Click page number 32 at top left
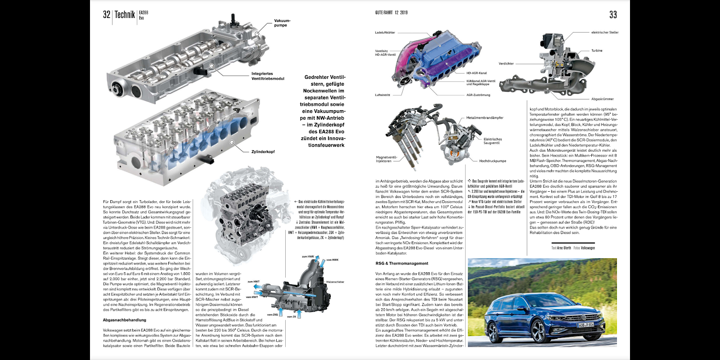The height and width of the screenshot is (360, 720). [107, 15]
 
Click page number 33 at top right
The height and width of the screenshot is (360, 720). [613, 15]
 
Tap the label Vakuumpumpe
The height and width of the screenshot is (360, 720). [282, 23]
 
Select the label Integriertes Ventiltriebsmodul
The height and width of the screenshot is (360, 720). [268, 76]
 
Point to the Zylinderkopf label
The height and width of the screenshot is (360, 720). [263, 152]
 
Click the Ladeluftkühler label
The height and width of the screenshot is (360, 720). [385, 32]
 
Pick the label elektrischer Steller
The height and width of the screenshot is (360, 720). [605, 32]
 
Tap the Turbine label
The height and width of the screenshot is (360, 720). [597, 51]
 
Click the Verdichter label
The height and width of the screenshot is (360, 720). [506, 63]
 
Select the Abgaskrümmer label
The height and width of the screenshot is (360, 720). [603, 99]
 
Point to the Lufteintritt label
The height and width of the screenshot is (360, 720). [382, 95]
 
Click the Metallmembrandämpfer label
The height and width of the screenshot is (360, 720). [485, 118]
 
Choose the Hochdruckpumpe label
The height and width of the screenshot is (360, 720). [492, 161]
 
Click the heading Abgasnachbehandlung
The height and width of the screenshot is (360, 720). [125, 320]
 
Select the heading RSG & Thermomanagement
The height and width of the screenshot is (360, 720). [402, 263]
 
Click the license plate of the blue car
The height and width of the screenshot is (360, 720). [585, 324]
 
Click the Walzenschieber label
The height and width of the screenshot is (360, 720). [335, 282]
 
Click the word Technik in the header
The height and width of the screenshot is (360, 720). [125, 15]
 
